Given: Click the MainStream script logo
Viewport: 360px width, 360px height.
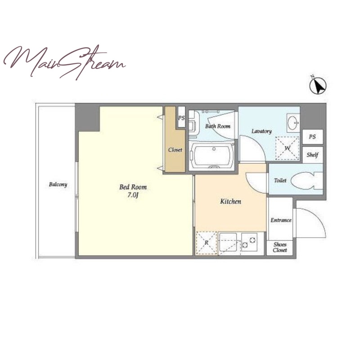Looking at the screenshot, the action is pos(64,62).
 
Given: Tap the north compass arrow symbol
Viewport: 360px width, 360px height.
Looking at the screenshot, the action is pos(318,85).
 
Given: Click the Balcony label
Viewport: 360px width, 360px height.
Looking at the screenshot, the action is pos(58,184).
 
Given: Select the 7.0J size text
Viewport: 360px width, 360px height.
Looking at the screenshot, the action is pos(133,195).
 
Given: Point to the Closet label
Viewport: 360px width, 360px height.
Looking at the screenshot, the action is pos(175,150).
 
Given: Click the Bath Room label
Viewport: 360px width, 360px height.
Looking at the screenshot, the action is pos(218,126).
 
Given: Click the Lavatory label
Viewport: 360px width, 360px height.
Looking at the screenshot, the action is pos(261,131).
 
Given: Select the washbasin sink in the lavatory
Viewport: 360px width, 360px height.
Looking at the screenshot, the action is pos(293,123).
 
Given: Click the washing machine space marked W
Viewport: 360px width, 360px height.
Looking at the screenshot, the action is pos(288,148).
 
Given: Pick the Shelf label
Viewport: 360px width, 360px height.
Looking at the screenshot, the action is pos(312,155).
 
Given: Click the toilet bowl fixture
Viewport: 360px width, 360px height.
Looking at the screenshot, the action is pos(307,181).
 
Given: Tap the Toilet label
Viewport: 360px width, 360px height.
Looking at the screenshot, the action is pos(280,180).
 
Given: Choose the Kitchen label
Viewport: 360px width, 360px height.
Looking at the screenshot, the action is pos(231,201).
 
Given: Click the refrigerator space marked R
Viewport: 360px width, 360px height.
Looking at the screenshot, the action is pos(206,243).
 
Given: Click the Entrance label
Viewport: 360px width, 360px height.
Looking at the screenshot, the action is pos(281,220).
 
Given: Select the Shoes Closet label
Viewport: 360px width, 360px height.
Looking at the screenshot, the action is pos(280,247).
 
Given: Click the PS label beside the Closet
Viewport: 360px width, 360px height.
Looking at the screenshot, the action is pos(181,118).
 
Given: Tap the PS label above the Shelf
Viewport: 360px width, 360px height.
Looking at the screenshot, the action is pos(312,137).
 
